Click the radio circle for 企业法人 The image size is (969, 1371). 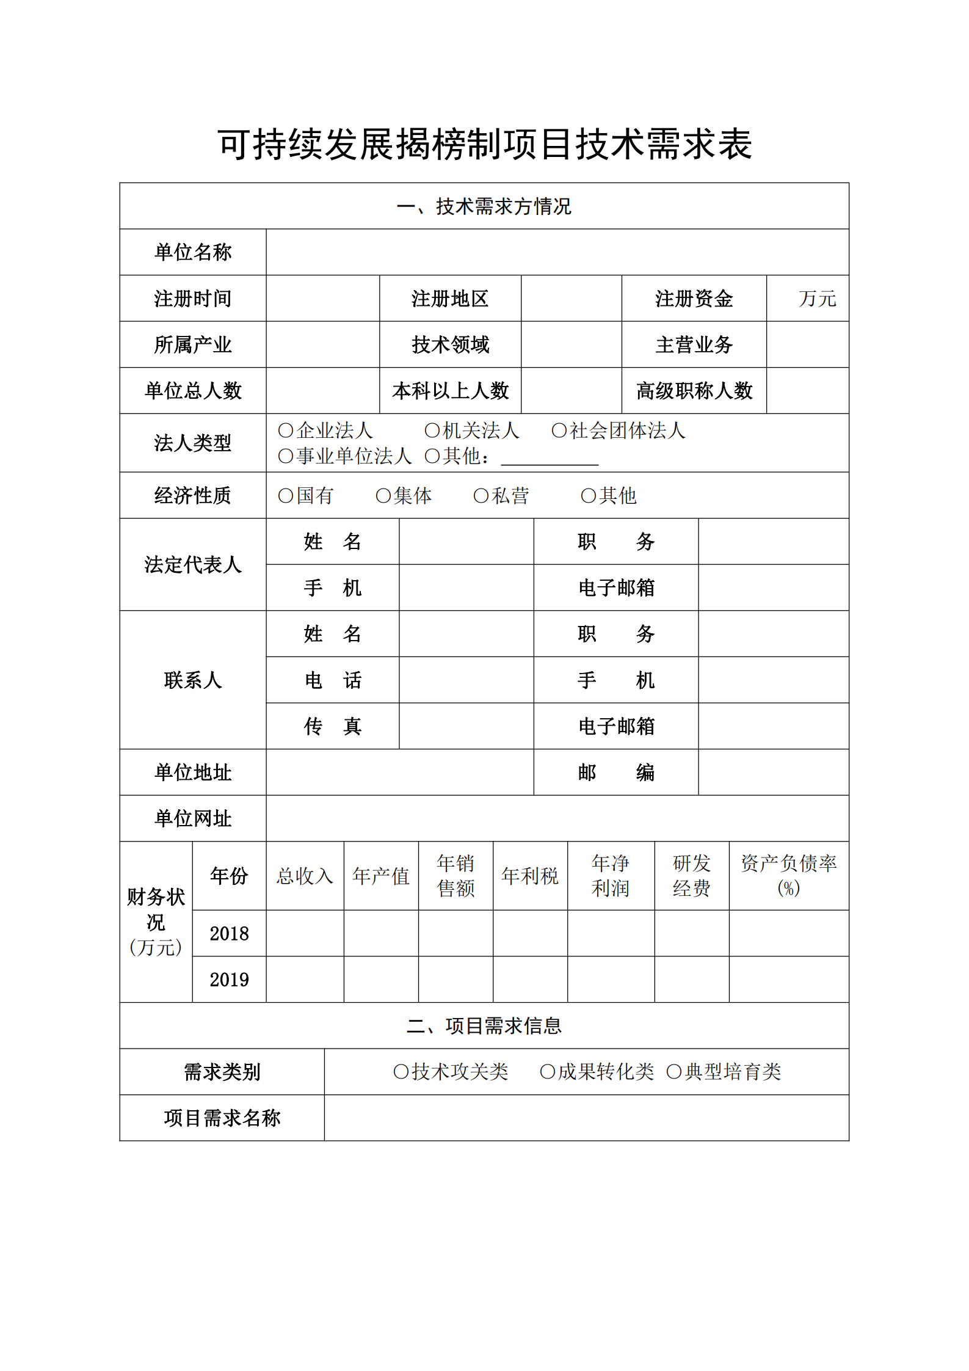pos(285,431)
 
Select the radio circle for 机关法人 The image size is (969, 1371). pos(432,431)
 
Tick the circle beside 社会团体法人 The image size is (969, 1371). pos(559,431)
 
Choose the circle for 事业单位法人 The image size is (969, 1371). pos(285,456)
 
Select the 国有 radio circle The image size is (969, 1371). pos(285,496)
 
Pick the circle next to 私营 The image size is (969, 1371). pos(481,496)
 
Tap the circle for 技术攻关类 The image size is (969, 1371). pos(401,1072)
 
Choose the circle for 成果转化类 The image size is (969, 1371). pos(547,1072)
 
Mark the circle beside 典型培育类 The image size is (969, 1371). pos(673,1072)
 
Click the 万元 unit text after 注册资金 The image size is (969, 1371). pos(817,299)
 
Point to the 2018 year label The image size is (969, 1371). pos(229,934)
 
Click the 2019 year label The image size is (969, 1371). pos(229,980)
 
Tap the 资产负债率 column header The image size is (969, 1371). pos(788,876)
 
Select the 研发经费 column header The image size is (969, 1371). pos(691,876)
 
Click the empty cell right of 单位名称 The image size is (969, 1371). pos(557,252)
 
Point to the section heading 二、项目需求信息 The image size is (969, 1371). pos(484,1026)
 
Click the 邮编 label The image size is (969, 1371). pos(615,773)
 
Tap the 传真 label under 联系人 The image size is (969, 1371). pos(333,726)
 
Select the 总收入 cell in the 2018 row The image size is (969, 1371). pos(305,934)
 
